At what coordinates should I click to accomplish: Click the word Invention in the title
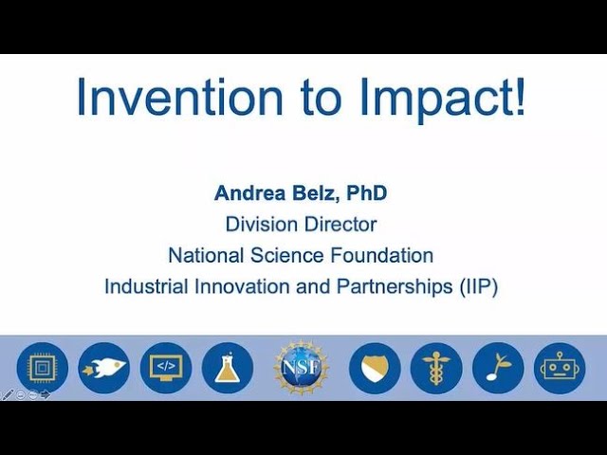coord(180,97)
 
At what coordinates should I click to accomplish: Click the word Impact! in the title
coord(443,100)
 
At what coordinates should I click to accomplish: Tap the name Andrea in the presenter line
coord(249,192)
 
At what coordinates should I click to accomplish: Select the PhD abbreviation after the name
coord(367,192)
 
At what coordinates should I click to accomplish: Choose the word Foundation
coord(381,255)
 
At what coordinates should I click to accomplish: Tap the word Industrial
coord(146,286)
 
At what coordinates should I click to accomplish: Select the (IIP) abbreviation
coord(478,287)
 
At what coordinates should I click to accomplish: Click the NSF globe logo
coord(302,368)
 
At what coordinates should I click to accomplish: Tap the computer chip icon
coord(42,368)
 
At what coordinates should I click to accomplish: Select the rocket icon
coord(103,368)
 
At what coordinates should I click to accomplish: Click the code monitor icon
coord(166,368)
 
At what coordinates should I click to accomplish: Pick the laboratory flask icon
coord(228,368)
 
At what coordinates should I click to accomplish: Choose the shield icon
coord(375,368)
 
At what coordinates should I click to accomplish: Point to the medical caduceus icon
coord(436,368)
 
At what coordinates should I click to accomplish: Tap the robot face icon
coord(560,368)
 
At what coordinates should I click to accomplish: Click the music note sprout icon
coord(498,368)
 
